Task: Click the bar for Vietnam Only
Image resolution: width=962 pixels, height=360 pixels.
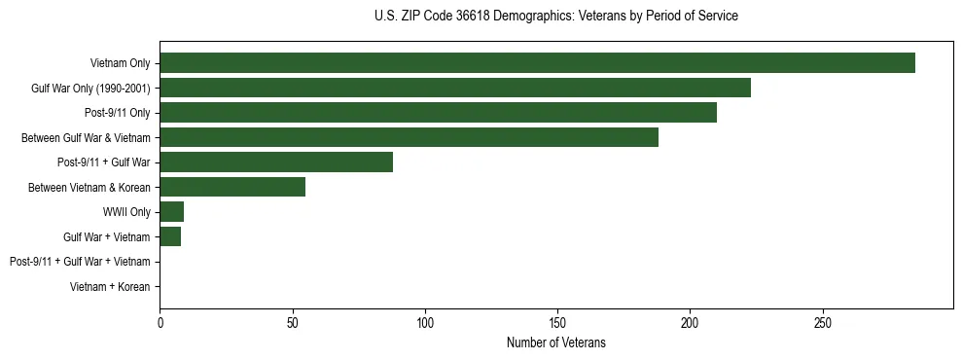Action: (537, 63)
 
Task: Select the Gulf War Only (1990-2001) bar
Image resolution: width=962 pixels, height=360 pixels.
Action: (455, 89)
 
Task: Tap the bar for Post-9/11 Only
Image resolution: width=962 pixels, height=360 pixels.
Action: (438, 113)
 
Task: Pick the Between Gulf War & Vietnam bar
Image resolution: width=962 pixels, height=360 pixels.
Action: (409, 137)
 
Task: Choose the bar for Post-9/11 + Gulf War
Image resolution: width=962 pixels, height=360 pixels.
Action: (276, 162)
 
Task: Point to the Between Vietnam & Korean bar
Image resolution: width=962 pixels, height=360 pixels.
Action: (232, 187)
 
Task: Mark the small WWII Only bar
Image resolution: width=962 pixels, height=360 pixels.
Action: (171, 211)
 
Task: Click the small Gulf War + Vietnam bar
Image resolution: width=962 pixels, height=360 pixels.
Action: (170, 236)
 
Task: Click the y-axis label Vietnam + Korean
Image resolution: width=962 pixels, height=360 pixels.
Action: (110, 286)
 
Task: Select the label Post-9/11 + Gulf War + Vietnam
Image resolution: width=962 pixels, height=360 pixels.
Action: (80, 262)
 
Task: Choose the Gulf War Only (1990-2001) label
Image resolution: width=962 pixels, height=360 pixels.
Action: (90, 89)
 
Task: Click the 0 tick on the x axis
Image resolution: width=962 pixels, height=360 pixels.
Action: (160, 321)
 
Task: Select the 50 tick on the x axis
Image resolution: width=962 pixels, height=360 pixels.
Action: (293, 321)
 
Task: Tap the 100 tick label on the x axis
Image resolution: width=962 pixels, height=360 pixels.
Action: (425, 321)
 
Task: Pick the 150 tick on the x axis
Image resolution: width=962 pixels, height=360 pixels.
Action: (557, 321)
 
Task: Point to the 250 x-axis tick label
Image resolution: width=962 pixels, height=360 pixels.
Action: (822, 321)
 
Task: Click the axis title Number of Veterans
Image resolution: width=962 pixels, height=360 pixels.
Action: (555, 342)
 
